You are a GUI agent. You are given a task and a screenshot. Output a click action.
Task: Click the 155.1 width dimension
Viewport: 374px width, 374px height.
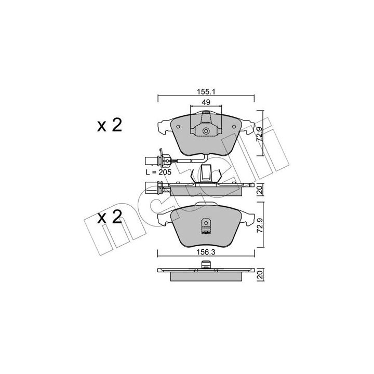point(206,91)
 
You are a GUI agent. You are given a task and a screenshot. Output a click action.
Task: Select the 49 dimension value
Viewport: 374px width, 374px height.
point(206,102)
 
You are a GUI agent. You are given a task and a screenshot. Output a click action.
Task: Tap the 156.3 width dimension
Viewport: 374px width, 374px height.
point(206,252)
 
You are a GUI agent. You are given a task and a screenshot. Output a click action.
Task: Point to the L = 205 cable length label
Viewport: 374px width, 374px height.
point(158,172)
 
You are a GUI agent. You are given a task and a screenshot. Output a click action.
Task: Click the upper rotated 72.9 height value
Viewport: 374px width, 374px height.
point(259,135)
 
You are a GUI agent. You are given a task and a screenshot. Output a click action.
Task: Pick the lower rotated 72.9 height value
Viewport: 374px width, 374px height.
point(260,225)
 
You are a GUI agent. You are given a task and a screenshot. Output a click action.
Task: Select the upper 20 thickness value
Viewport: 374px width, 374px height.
point(260,190)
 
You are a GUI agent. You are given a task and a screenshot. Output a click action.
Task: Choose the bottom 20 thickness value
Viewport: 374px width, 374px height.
point(260,275)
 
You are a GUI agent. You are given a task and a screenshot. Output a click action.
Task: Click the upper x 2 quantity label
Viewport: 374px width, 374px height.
point(110,126)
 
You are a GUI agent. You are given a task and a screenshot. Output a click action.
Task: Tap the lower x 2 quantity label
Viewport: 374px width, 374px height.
point(110,218)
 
